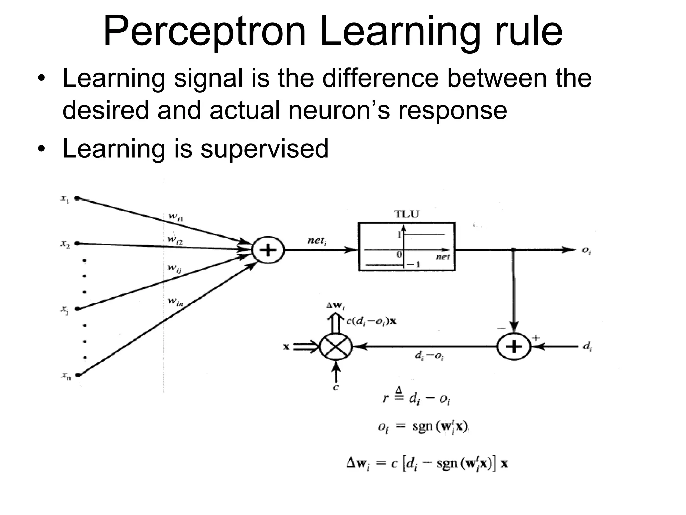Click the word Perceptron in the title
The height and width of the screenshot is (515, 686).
click(204, 32)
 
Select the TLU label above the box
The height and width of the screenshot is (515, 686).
click(406, 214)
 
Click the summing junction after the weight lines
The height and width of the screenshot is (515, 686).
click(268, 250)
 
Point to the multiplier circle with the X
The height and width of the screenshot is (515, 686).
click(336, 347)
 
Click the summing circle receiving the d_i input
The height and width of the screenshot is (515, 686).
click(514, 347)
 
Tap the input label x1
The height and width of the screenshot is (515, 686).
click(65, 199)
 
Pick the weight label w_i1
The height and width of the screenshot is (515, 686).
click(175, 217)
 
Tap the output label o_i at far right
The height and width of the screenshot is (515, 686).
click(586, 251)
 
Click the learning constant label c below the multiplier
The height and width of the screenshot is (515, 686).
click(336, 387)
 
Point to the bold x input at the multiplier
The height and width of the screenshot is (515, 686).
click(286, 347)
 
